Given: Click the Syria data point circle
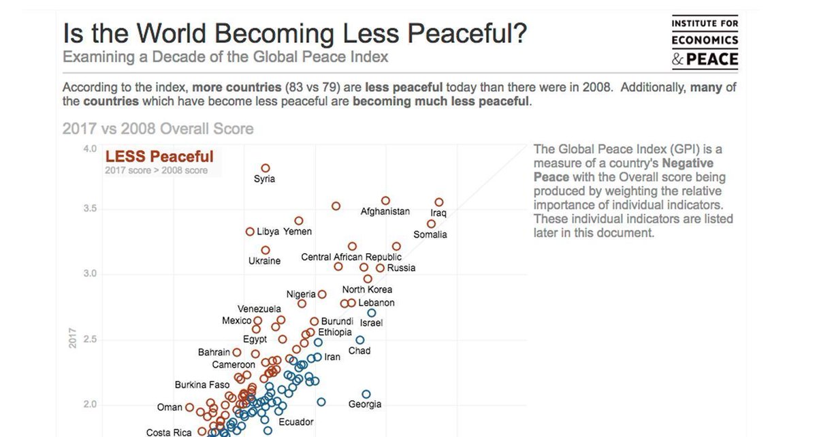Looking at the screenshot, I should point(266,168).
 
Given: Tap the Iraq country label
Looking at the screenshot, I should point(438,213).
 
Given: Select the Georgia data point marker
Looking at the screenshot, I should point(366,394).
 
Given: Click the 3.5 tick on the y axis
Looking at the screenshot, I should point(89,208).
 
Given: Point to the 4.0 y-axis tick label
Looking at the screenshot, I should point(89,148).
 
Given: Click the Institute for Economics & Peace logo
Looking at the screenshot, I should point(705,42).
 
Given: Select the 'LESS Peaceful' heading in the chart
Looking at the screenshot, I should point(159,157).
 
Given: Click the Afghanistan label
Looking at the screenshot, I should point(385,211).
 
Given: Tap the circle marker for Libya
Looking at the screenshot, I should point(250,232).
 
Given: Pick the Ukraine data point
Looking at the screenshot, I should point(266,250).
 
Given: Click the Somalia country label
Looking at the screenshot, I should point(430,234).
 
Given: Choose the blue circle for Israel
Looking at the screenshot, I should point(372,313).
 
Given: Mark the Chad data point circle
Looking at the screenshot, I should point(360,340).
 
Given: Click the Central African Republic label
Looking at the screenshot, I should point(351,257).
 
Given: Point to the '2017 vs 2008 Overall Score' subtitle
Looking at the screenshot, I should point(158,129).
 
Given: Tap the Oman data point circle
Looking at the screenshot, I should point(189,407).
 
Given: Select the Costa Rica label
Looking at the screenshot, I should point(169,432).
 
